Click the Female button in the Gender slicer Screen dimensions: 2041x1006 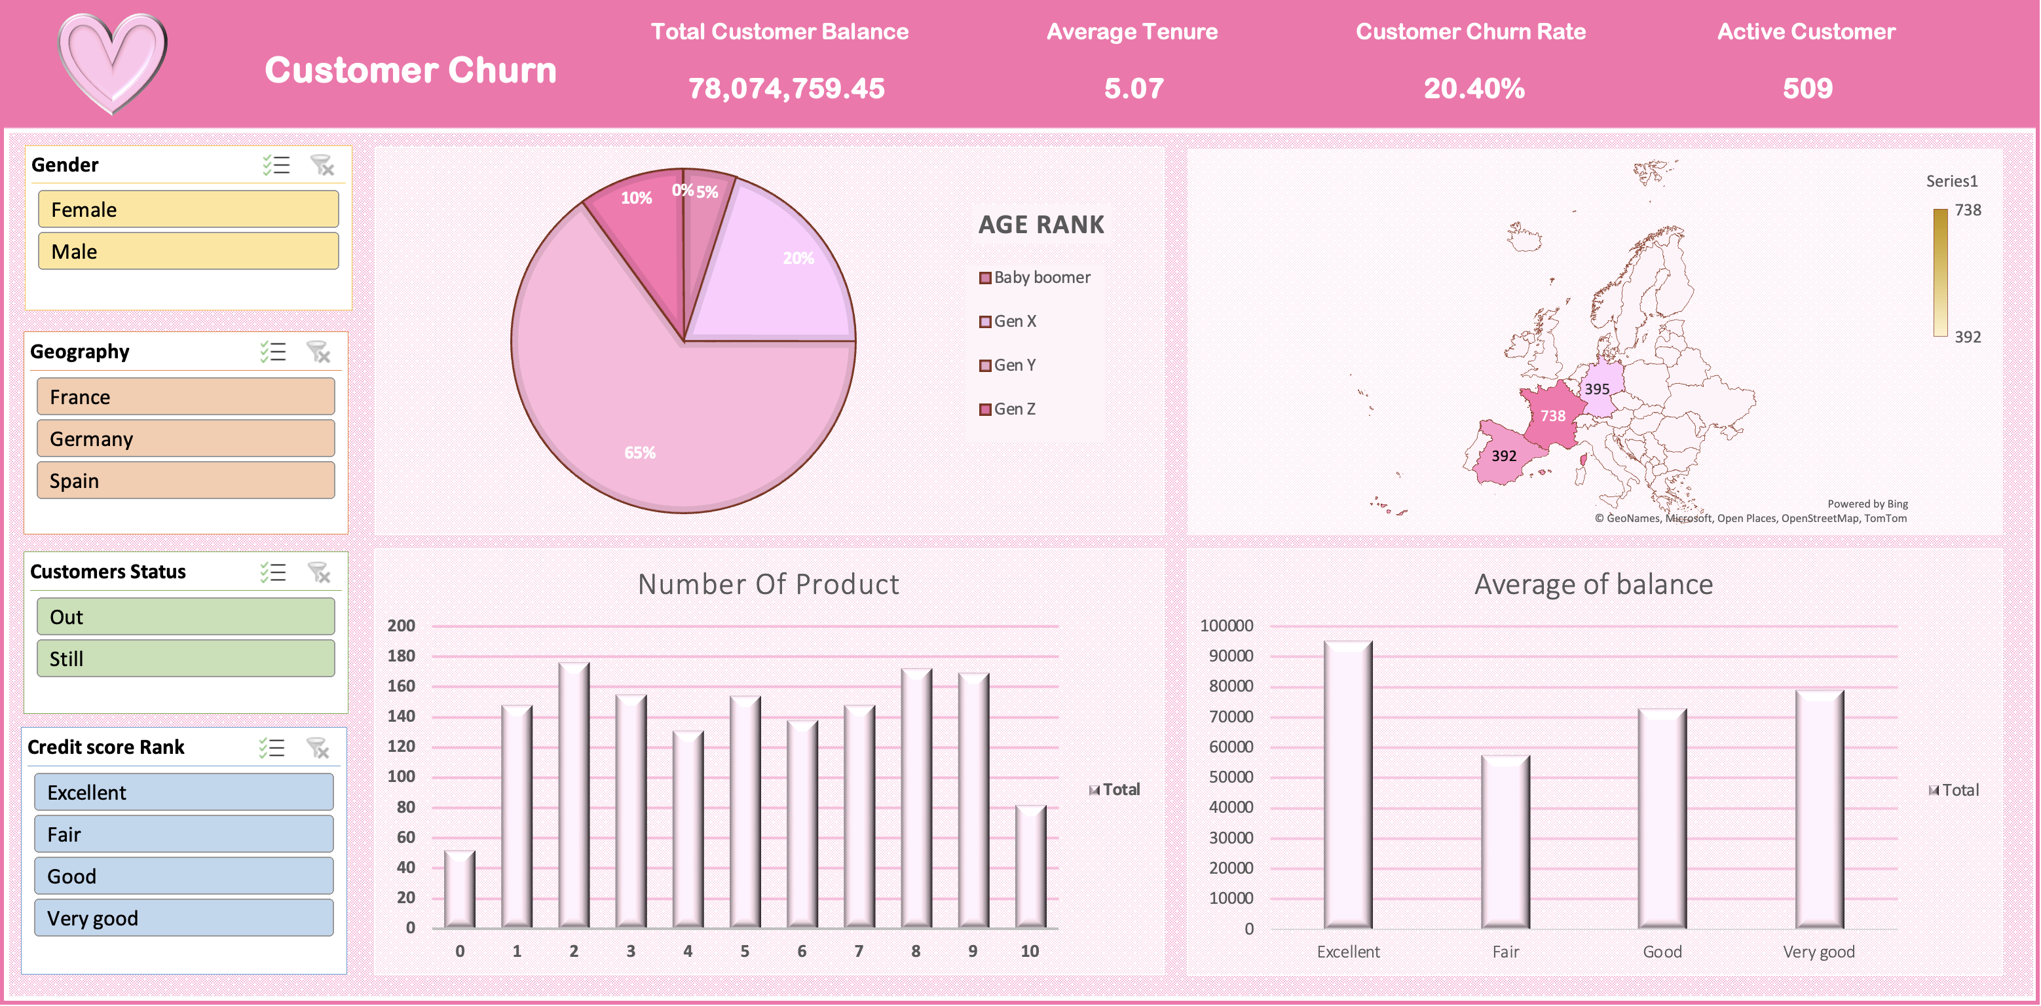[189, 209]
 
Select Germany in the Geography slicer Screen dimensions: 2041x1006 [186, 438]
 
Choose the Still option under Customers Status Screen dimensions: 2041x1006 [186, 658]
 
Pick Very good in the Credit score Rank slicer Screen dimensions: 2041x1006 [184, 918]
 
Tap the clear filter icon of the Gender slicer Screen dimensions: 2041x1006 [322, 165]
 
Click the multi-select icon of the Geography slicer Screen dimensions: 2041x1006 [273, 352]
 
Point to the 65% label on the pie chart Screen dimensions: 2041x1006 [640, 453]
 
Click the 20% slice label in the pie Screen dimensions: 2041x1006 [798, 257]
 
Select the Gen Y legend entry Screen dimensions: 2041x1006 [1008, 365]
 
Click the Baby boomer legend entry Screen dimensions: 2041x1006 [1035, 277]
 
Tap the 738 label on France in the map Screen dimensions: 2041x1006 [1553, 415]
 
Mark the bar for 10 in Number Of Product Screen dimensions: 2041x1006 [1031, 866]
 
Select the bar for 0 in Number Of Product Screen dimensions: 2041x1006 [460, 889]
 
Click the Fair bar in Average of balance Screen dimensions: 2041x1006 [1505, 842]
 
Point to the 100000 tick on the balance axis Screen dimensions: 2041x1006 [1227, 625]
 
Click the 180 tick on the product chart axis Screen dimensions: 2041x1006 [401, 655]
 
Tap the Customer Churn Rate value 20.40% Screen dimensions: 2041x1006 [1474, 88]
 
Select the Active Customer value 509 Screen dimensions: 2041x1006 [1808, 88]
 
